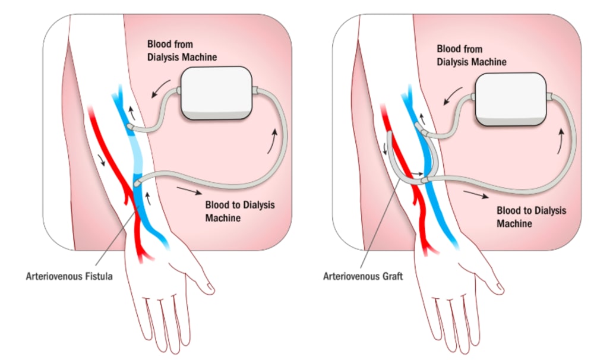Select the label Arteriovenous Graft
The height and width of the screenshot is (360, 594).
pyautogui.click(x=363, y=276)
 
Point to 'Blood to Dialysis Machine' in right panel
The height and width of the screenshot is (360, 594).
pyautogui.click(x=531, y=217)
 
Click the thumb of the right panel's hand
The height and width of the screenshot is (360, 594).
pyautogui.click(x=497, y=288)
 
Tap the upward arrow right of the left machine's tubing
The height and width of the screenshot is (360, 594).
pyautogui.click(x=274, y=138)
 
